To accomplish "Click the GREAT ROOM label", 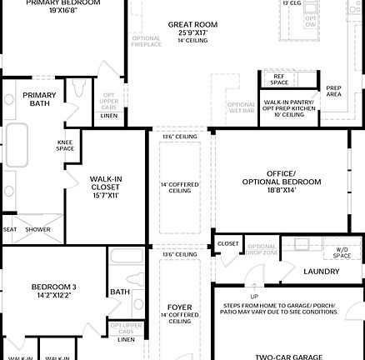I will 192,25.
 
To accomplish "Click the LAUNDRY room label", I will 321,271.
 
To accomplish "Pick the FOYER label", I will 180,307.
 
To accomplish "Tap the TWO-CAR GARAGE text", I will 288,357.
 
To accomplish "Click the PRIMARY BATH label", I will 39,99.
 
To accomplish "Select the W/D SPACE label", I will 342,252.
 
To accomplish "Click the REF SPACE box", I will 279,79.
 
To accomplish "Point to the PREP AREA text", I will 333,92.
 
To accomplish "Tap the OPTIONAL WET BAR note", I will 242,108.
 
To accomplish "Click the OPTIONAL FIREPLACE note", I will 146,41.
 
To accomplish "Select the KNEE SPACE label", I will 65,146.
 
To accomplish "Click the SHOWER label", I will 37,229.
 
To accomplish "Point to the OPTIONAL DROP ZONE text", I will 262,249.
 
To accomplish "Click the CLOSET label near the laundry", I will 227,244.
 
